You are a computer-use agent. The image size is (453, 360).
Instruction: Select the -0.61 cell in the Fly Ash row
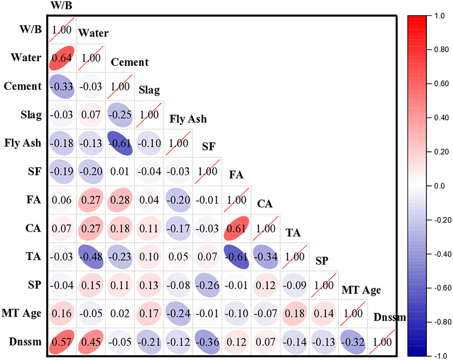point(120,144)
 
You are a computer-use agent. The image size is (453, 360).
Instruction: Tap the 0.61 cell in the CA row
point(236,230)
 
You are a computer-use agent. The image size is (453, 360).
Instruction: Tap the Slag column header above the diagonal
point(149,91)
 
